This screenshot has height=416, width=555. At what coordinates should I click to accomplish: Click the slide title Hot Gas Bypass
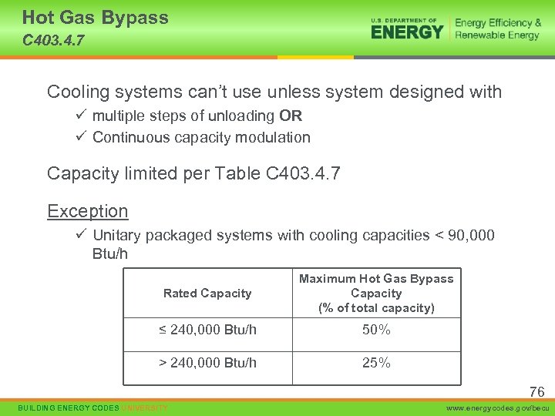pyautogui.click(x=95, y=18)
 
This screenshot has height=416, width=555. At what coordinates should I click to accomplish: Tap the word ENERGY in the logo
pyautogui.click(x=407, y=32)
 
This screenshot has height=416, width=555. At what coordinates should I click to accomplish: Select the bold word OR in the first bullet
pyautogui.click(x=291, y=116)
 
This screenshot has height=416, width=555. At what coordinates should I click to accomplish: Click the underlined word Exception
pyautogui.click(x=87, y=211)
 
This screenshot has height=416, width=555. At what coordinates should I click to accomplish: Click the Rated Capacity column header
pyautogui.click(x=207, y=294)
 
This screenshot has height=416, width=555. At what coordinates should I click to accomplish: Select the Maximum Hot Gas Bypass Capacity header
pyautogui.click(x=376, y=294)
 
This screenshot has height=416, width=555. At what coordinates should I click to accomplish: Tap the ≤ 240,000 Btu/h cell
pyautogui.click(x=207, y=330)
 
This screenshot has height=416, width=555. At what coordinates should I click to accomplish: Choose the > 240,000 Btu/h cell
pyautogui.click(x=207, y=363)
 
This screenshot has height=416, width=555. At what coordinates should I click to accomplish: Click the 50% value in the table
pyautogui.click(x=376, y=330)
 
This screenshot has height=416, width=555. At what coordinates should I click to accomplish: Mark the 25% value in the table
pyautogui.click(x=376, y=363)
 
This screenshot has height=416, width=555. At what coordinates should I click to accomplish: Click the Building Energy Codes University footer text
pyautogui.click(x=92, y=407)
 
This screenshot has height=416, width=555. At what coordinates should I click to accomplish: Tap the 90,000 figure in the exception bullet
pyautogui.click(x=468, y=236)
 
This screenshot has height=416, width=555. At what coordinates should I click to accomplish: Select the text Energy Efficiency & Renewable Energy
pyautogui.click(x=497, y=29)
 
